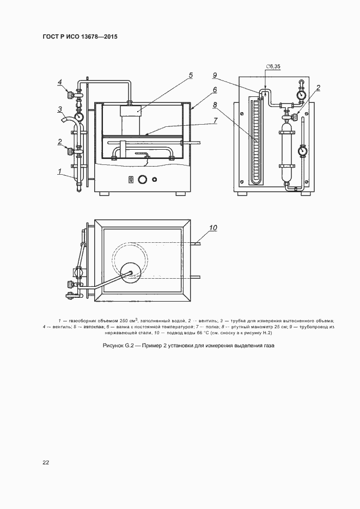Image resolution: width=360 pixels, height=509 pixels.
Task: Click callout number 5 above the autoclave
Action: (191, 76)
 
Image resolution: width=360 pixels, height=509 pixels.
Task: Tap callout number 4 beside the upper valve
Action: (60, 83)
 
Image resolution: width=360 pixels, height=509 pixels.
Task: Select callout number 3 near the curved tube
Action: (60, 109)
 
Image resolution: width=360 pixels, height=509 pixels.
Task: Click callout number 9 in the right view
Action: (215, 75)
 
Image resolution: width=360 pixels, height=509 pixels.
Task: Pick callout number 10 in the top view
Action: (213, 228)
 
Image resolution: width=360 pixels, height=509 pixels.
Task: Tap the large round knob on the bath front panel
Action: (143, 179)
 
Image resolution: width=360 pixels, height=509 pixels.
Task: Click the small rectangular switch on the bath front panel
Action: (131, 179)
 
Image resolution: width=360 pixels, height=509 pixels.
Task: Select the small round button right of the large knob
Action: (155, 179)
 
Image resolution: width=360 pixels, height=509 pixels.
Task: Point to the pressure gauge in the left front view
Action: (80, 116)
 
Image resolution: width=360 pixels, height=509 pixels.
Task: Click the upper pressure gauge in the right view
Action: (300, 94)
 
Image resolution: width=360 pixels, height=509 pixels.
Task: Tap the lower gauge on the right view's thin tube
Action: (301, 149)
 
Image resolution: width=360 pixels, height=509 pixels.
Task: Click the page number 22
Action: (46, 463)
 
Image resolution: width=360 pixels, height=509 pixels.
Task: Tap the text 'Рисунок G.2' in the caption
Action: (119, 346)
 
